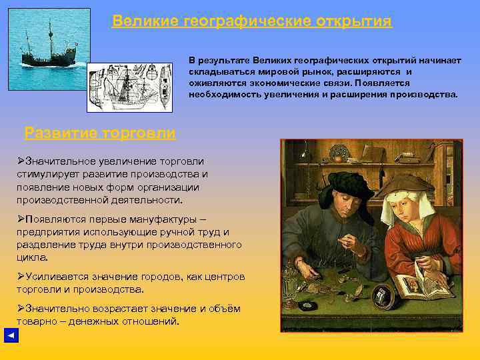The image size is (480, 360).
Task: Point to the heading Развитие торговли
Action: (100, 133)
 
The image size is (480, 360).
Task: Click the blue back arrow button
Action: (10, 335)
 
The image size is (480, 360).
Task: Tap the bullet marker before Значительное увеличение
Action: (21, 161)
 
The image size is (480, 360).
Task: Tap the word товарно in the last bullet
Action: (37, 321)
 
